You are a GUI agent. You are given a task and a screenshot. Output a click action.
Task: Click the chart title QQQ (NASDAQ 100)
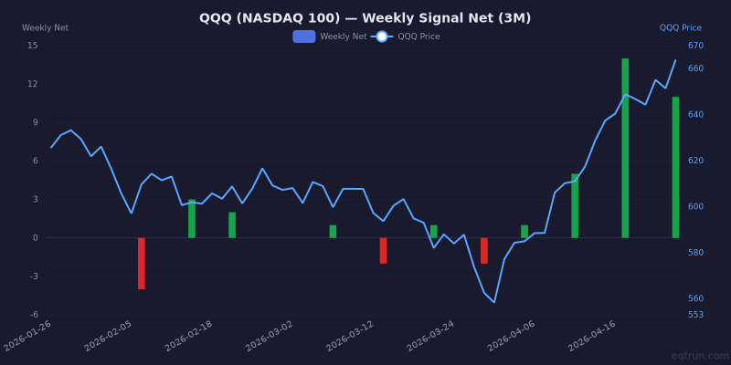[x=365, y=18]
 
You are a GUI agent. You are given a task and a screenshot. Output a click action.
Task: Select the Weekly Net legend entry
[x=331, y=36]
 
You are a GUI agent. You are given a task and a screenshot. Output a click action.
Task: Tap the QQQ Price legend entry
[x=407, y=36]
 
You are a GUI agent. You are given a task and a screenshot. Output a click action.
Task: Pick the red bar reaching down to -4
[x=142, y=263]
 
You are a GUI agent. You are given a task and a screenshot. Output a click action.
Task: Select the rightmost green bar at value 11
[x=675, y=167]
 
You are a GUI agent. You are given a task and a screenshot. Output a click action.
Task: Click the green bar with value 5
[x=575, y=205]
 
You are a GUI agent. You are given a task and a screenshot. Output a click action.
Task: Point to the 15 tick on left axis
[x=33, y=46]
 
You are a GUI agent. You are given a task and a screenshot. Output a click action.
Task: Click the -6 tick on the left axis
[x=33, y=315]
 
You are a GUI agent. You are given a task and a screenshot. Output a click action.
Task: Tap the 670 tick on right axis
[x=695, y=46]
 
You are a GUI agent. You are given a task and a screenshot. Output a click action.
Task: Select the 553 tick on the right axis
[x=695, y=315]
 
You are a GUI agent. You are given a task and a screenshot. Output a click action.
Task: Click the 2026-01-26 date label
[x=28, y=336]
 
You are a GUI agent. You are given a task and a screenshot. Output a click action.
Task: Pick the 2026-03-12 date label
[x=351, y=336]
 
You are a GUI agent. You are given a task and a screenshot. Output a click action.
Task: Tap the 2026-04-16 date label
[x=593, y=336]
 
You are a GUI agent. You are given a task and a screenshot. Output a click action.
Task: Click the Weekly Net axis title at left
[x=45, y=28]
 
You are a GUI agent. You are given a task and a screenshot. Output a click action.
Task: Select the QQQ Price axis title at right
[x=681, y=28]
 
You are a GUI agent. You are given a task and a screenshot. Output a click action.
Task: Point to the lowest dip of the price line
[x=494, y=302]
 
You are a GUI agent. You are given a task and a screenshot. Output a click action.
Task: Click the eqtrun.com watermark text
[x=700, y=356]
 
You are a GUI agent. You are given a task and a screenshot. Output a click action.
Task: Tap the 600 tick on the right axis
[x=695, y=206]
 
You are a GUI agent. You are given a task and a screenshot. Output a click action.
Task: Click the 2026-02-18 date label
[x=189, y=336]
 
